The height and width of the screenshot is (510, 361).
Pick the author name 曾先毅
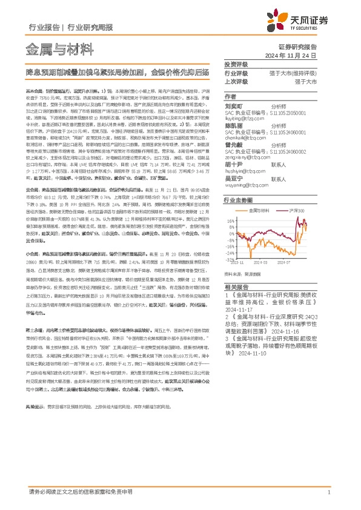click(233, 146)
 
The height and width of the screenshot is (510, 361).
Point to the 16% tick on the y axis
click(231, 221)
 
